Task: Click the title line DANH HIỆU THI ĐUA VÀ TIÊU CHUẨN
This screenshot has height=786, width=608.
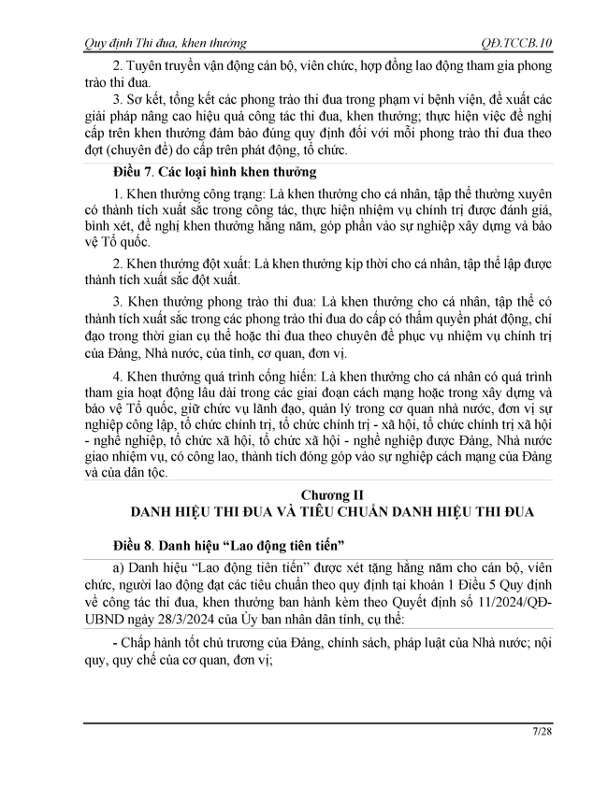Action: pos(324,510)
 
